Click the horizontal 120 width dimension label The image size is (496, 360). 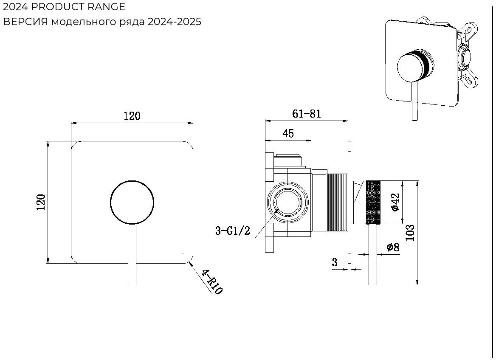[x=132, y=116]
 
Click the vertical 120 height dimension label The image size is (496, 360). [x=41, y=202]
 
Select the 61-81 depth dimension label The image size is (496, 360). [x=307, y=113]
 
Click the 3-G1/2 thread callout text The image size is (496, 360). [x=233, y=231]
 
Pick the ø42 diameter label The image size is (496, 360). [x=395, y=202]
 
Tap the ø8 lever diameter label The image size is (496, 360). [x=393, y=247]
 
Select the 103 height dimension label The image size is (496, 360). [x=410, y=233]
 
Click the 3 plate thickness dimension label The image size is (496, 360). [x=335, y=262]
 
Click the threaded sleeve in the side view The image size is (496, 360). [x=338, y=202]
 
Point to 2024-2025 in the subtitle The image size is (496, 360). [x=174, y=22]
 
